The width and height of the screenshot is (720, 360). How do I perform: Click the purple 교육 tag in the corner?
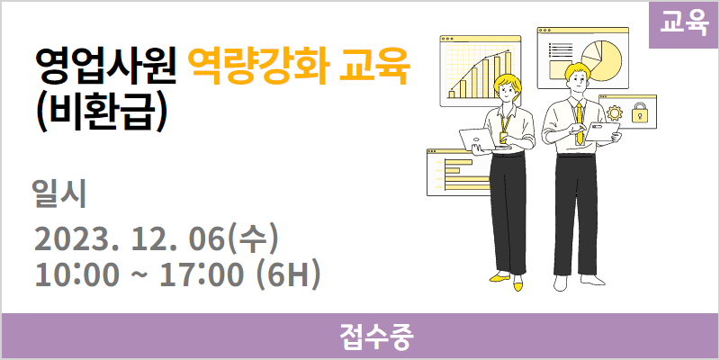click(684, 25)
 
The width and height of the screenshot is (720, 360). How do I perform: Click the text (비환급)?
click(101, 113)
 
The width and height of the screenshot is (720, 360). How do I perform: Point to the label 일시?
click(59, 195)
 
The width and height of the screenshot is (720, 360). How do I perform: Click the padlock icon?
click(639, 112)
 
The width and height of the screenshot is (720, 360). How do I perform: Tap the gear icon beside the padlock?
click(615, 113)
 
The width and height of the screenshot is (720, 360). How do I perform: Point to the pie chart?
click(601, 60)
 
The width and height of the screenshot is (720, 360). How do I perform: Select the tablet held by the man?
click(602, 131)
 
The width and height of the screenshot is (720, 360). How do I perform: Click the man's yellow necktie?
click(580, 122)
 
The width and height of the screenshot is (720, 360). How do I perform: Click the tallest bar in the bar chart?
click(508, 75)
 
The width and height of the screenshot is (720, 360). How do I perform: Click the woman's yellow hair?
click(508, 83)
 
